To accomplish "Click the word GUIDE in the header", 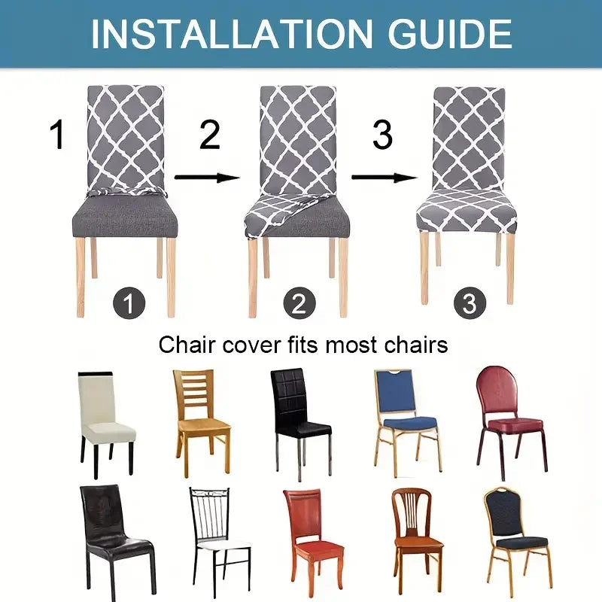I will click(x=442, y=33).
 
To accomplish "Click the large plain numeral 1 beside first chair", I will click(x=57, y=135).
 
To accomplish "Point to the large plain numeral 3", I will click(x=382, y=135).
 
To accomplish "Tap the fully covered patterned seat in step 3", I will click(x=470, y=210).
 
